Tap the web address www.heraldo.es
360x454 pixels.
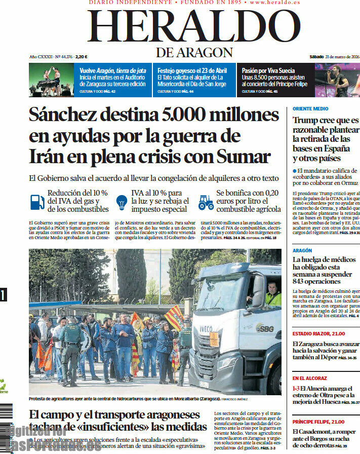pyautogui.click(x=275, y=3)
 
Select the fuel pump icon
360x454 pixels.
pyautogui.click(x=37, y=202)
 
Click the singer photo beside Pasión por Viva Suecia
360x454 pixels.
pyautogui.click(x=337, y=80)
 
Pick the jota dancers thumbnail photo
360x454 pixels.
pyautogui.click(x=51, y=80)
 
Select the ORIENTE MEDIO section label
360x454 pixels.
pyautogui.click(x=310, y=109)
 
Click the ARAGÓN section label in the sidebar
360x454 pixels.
pyautogui.click(x=302, y=250)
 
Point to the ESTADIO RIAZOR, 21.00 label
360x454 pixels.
pyautogui.click(x=318, y=333)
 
